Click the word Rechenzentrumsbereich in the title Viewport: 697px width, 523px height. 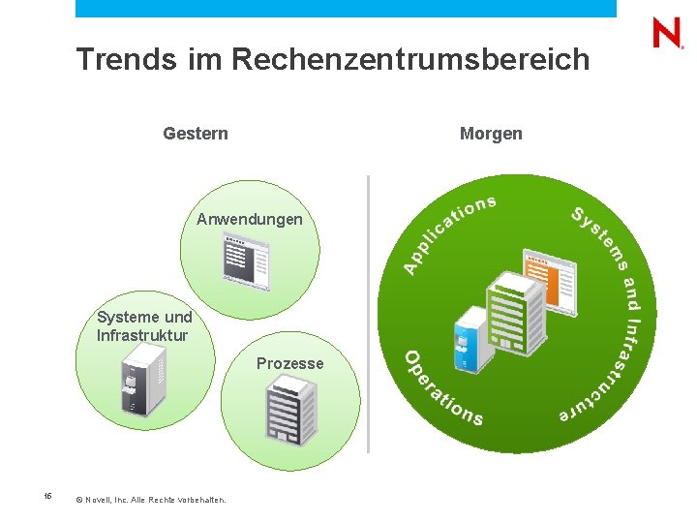pyautogui.click(x=410, y=60)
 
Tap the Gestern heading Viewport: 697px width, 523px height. pyautogui.click(x=196, y=134)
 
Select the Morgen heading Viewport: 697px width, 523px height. pyautogui.click(x=491, y=134)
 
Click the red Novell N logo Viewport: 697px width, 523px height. pyautogui.click(x=668, y=34)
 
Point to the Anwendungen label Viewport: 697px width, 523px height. pyautogui.click(x=250, y=220)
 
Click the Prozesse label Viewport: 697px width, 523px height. pyautogui.click(x=290, y=363)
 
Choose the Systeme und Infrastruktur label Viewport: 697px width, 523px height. pyautogui.click(x=144, y=326)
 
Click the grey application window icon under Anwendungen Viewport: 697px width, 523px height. pyautogui.click(x=246, y=260)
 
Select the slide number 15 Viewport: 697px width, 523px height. pyautogui.click(x=47, y=497)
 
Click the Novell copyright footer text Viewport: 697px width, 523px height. pyautogui.click(x=150, y=500)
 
